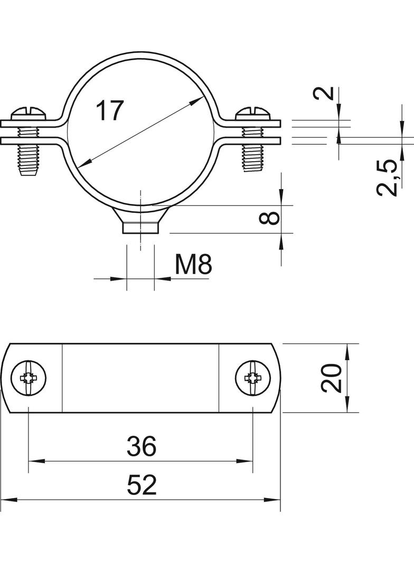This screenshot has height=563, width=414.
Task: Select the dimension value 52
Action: pos(142,485)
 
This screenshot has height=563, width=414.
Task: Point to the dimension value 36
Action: pos(142,446)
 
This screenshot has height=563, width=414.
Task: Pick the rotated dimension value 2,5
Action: pos(387,178)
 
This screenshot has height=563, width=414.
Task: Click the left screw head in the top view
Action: pos(29,378)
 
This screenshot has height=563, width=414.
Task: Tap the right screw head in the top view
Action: pos(253,378)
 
